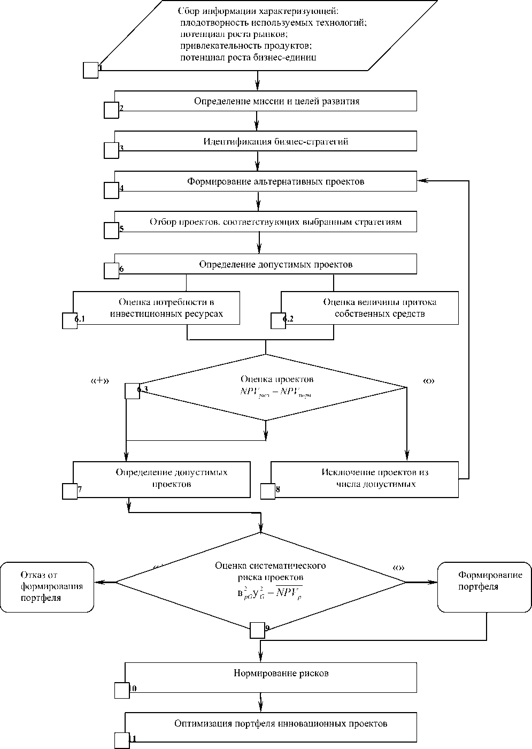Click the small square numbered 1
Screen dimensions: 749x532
[x=91, y=70]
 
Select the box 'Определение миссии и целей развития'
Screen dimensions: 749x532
[x=276, y=101]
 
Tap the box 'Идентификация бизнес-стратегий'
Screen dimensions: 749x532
[x=276, y=142]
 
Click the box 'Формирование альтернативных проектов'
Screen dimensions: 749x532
[x=276, y=182]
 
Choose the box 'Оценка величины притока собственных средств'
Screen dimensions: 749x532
[x=380, y=308]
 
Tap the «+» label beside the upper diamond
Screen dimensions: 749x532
[x=100, y=381]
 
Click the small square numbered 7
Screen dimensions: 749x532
[x=70, y=491]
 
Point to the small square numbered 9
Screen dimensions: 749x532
[x=258, y=631]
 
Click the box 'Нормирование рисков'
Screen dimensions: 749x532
[x=281, y=673]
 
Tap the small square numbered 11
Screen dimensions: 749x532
[x=122, y=740]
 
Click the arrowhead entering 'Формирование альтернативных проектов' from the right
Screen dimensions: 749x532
[x=422, y=181]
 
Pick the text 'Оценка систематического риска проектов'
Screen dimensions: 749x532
[x=271, y=571]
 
